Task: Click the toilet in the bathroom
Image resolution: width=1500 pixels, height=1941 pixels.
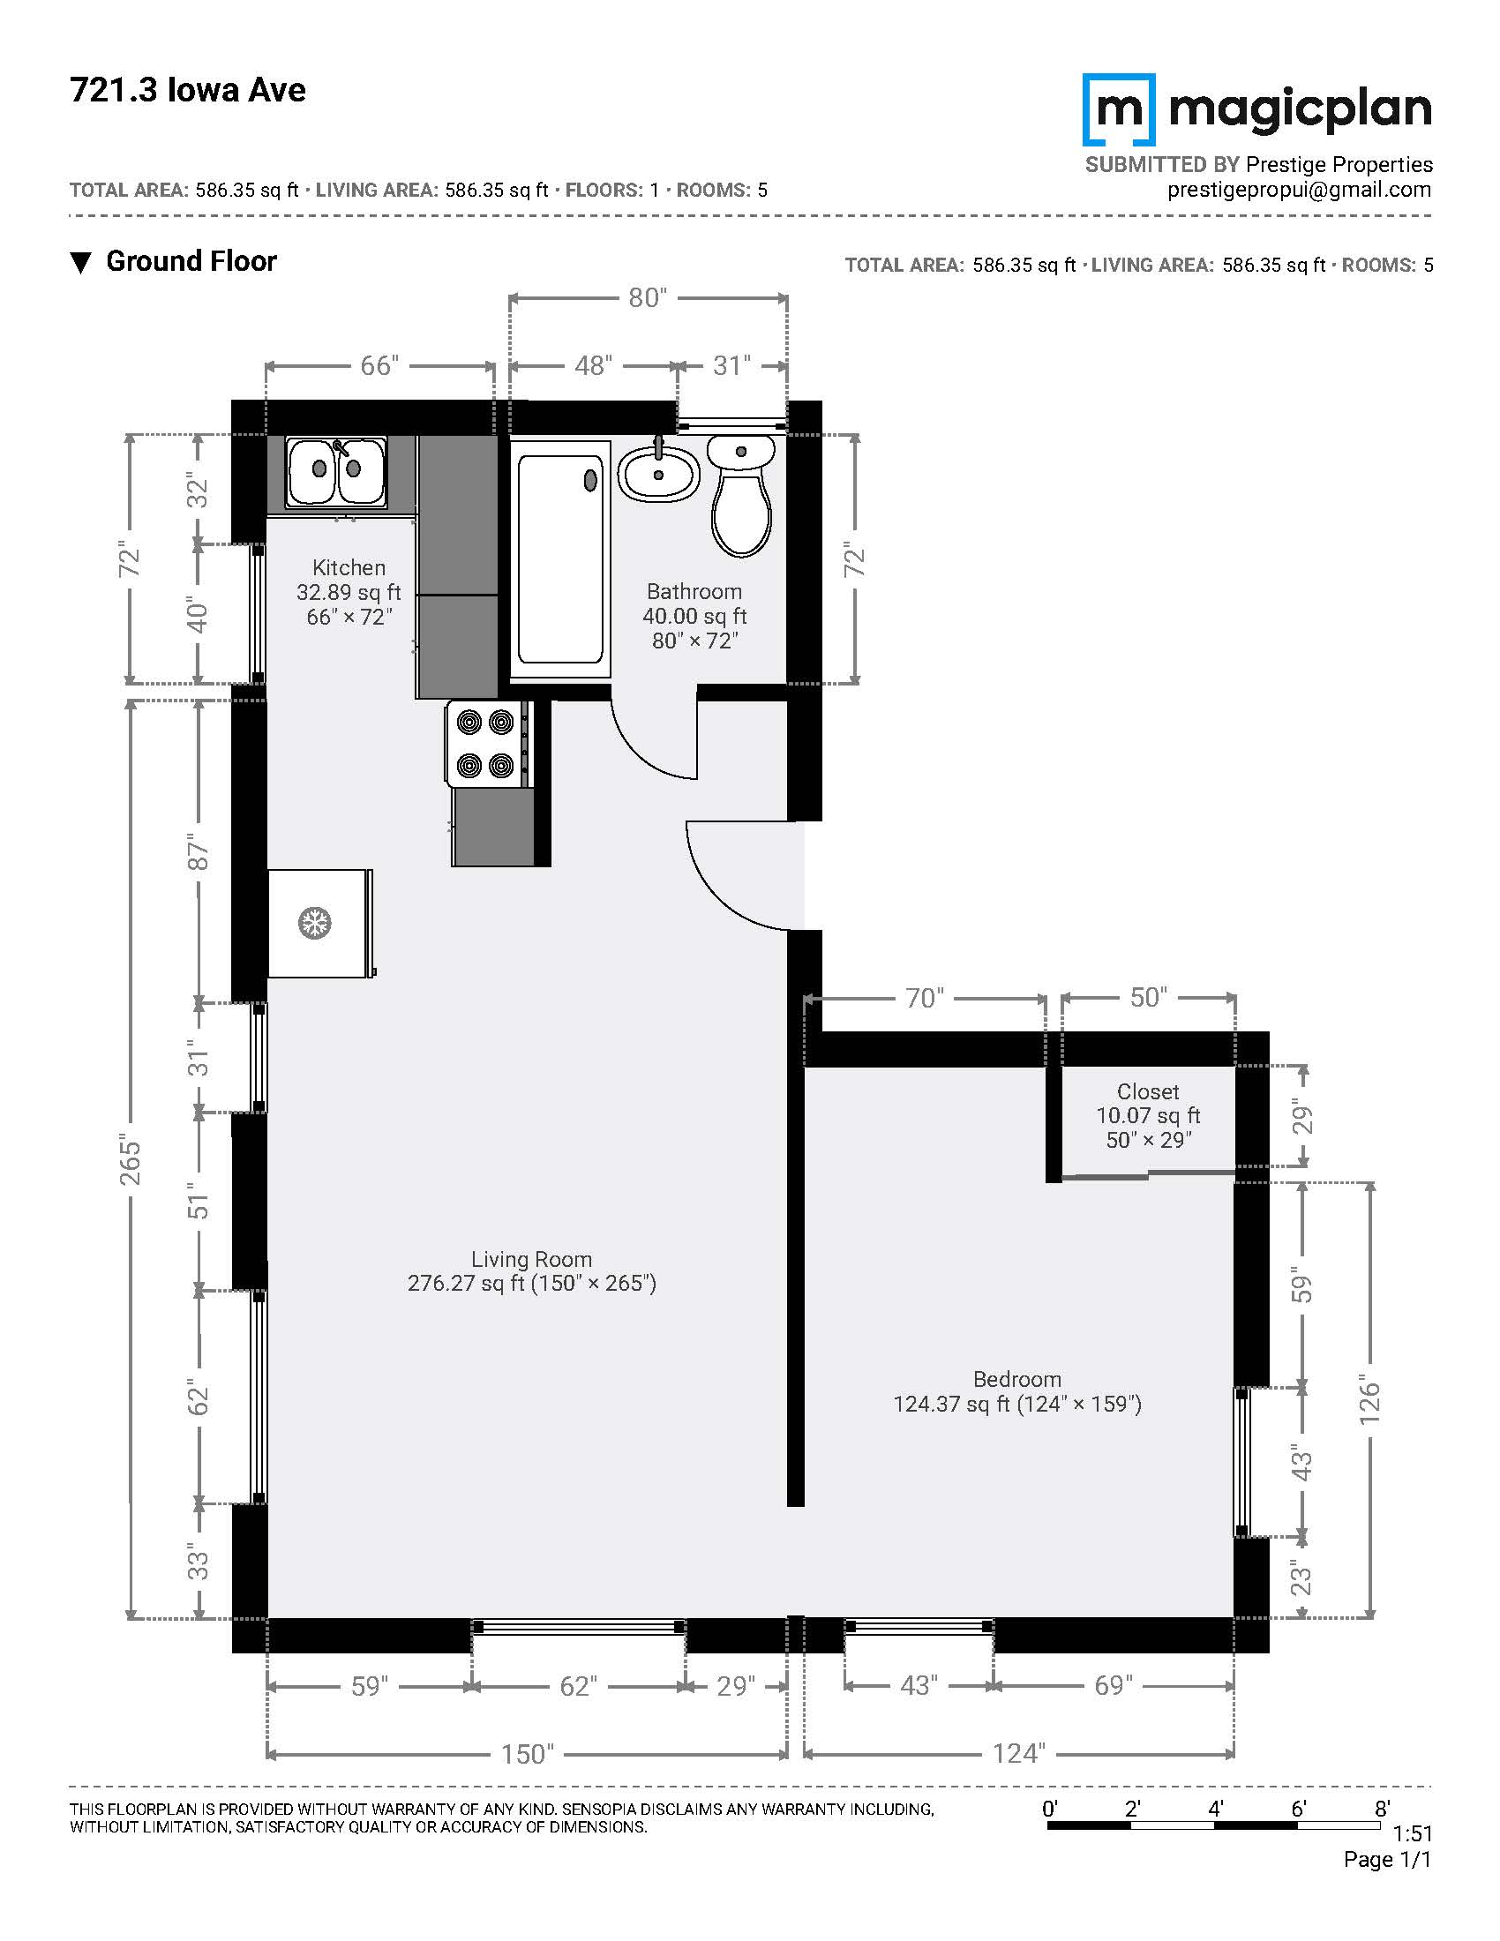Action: tap(741, 496)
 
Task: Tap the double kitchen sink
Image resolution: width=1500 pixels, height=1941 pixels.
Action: tap(336, 471)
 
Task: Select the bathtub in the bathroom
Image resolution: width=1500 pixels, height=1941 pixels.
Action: tap(559, 559)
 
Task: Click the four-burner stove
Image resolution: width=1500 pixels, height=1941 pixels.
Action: tap(488, 743)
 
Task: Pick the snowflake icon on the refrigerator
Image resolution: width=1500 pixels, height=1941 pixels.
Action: tap(314, 923)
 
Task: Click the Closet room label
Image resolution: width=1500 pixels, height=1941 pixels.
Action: tap(1148, 1091)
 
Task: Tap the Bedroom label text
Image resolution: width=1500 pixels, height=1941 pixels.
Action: tap(1017, 1378)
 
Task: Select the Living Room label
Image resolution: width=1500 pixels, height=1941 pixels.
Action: tap(531, 1258)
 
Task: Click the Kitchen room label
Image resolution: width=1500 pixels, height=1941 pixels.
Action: tap(349, 567)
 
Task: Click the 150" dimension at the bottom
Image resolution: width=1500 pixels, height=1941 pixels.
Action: tap(528, 1753)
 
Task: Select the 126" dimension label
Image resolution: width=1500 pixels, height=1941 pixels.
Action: tap(1369, 1403)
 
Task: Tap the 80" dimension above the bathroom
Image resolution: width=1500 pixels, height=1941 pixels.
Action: tap(648, 297)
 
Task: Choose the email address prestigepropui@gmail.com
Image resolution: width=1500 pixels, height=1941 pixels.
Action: tap(1299, 190)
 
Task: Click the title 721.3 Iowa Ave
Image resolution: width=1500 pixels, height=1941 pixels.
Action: tap(187, 90)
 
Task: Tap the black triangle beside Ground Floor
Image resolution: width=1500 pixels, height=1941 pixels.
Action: tap(81, 263)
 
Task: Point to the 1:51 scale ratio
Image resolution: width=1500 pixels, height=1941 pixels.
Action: tap(1412, 1833)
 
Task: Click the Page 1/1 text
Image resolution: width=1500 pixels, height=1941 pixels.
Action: tap(1388, 1859)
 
